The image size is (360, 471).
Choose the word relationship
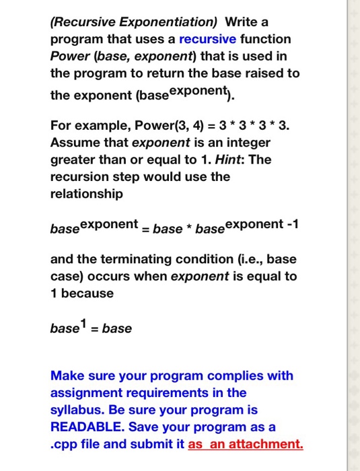[87, 194]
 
